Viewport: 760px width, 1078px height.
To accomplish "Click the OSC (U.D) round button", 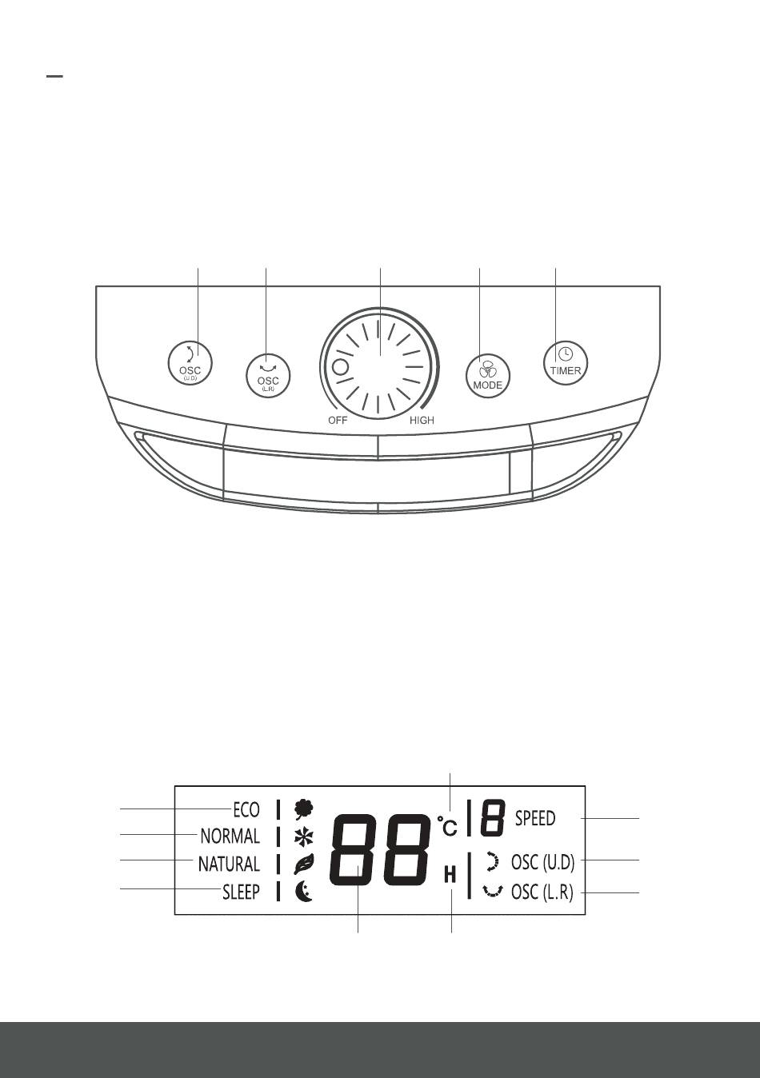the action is [x=190, y=365].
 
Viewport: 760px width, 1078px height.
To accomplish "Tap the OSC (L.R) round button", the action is [x=268, y=376].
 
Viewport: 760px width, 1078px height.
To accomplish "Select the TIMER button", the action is [x=566, y=363].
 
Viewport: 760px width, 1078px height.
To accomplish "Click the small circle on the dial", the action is [x=340, y=368].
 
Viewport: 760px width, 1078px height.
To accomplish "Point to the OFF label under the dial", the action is [x=338, y=420].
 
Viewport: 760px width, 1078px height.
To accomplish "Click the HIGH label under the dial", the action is [x=422, y=420].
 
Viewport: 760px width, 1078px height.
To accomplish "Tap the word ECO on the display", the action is [x=246, y=809].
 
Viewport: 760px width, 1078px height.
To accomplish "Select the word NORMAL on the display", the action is [x=230, y=836].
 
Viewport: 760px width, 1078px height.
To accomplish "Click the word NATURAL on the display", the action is [x=229, y=864].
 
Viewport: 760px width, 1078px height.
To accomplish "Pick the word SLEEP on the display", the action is [x=241, y=892].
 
